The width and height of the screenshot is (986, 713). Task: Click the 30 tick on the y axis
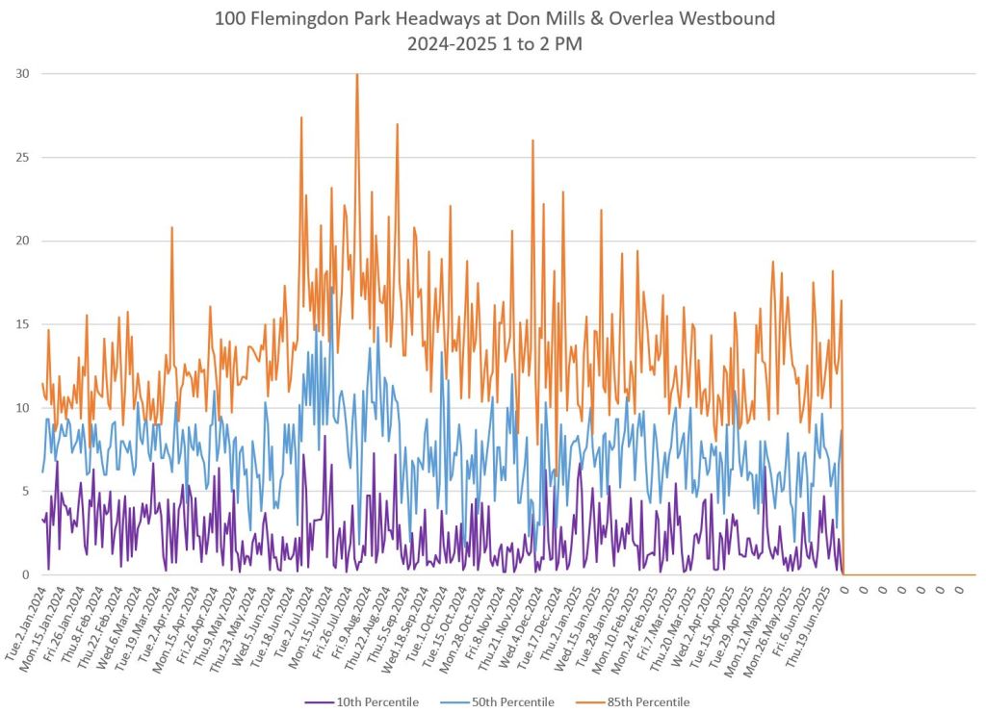point(21,74)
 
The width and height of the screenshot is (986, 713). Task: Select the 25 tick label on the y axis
point(21,158)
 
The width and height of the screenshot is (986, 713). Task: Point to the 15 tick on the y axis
point(21,324)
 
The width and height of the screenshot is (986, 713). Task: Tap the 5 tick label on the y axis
point(25,492)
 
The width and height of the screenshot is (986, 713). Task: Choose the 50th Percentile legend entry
point(511,701)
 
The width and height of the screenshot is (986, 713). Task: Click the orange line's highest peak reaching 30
point(357,75)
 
